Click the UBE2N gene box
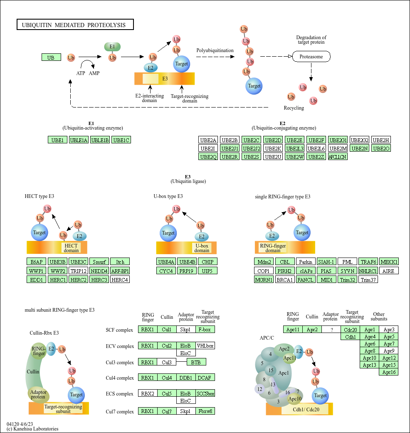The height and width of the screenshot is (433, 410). click(360, 148)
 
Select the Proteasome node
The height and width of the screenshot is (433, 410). click(311, 56)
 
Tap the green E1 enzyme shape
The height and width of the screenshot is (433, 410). click(112, 47)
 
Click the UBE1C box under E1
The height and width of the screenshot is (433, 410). click(121, 140)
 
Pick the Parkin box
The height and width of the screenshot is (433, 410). click(306, 262)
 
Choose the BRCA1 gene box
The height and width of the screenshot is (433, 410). click(285, 280)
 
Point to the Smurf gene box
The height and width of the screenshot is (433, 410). click(99, 262)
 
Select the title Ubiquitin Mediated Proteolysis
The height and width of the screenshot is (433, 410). click(75, 25)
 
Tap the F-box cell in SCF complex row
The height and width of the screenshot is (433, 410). click(205, 330)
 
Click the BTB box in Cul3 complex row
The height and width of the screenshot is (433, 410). click(196, 362)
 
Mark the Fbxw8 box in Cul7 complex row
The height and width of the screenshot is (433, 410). click(205, 411)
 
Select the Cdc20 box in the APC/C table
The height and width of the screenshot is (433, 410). click(350, 330)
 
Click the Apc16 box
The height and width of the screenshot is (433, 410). click(389, 372)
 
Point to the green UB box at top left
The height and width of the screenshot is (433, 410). click(51, 58)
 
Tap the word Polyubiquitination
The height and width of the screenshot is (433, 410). click(215, 50)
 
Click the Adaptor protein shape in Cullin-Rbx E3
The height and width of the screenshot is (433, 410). click(38, 394)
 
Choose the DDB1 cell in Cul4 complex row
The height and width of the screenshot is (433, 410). click(186, 378)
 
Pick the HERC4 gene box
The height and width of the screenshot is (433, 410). click(120, 280)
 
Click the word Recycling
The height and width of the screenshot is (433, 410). click(294, 108)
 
